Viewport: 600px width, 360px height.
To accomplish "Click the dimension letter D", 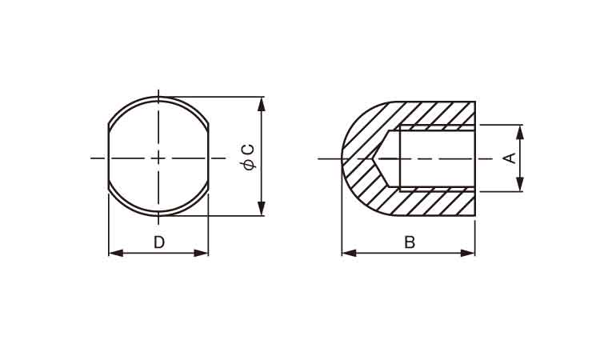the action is [159, 242].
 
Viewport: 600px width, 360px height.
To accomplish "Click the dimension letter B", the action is [410, 242].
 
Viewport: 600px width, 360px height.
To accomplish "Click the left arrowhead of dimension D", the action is [116, 253].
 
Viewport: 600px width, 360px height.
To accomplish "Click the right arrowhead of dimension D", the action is [202, 253].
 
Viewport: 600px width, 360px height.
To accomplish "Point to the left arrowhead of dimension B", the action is [349, 253].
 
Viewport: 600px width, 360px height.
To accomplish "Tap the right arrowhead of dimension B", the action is [468, 253].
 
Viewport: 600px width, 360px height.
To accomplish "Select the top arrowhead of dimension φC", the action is [262, 105].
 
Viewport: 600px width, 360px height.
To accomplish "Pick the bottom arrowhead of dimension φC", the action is [262, 208].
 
